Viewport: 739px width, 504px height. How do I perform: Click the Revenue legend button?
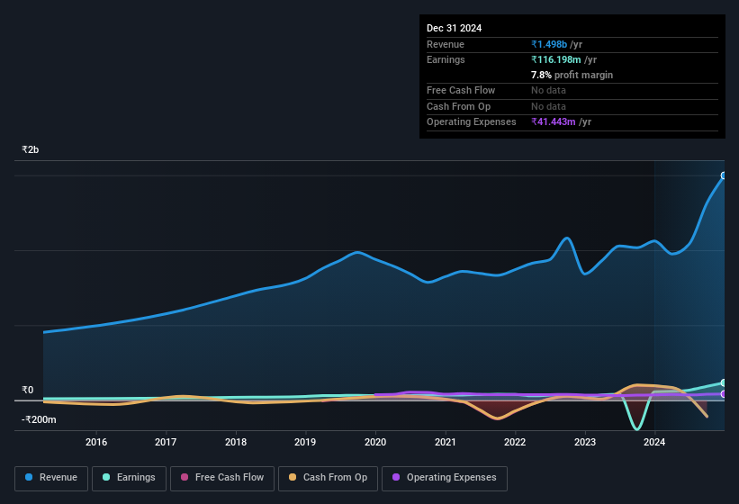point(52,478)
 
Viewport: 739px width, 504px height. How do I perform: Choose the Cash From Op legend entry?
point(329,478)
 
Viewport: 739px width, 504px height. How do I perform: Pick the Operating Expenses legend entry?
point(445,478)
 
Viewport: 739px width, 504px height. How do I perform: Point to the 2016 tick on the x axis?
point(96,442)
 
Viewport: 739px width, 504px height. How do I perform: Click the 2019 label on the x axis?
point(305,442)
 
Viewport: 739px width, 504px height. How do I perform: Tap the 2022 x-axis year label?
point(515,442)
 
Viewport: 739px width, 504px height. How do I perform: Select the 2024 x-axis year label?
point(654,442)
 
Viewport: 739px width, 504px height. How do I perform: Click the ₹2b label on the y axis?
point(31,149)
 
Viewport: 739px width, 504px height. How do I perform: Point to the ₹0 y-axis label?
point(27,391)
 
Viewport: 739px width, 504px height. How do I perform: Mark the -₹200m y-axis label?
point(39,419)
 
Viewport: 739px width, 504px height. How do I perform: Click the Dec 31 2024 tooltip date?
point(454,28)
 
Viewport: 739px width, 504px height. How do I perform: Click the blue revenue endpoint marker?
point(724,175)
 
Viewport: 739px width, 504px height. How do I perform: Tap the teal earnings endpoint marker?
point(724,383)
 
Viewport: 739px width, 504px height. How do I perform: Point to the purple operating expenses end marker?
point(724,394)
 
